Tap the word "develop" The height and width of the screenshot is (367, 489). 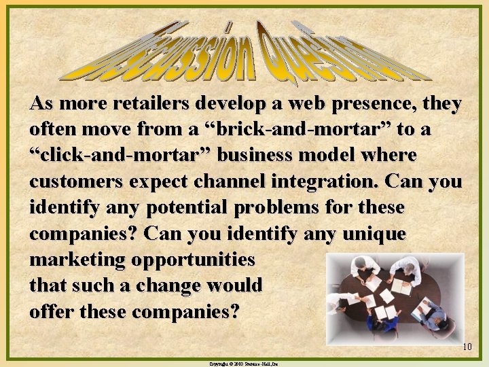point(231,105)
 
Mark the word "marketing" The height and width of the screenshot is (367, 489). point(77,260)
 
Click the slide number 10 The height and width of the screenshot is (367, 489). point(467,347)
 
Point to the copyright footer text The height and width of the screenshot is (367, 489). point(244,364)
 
